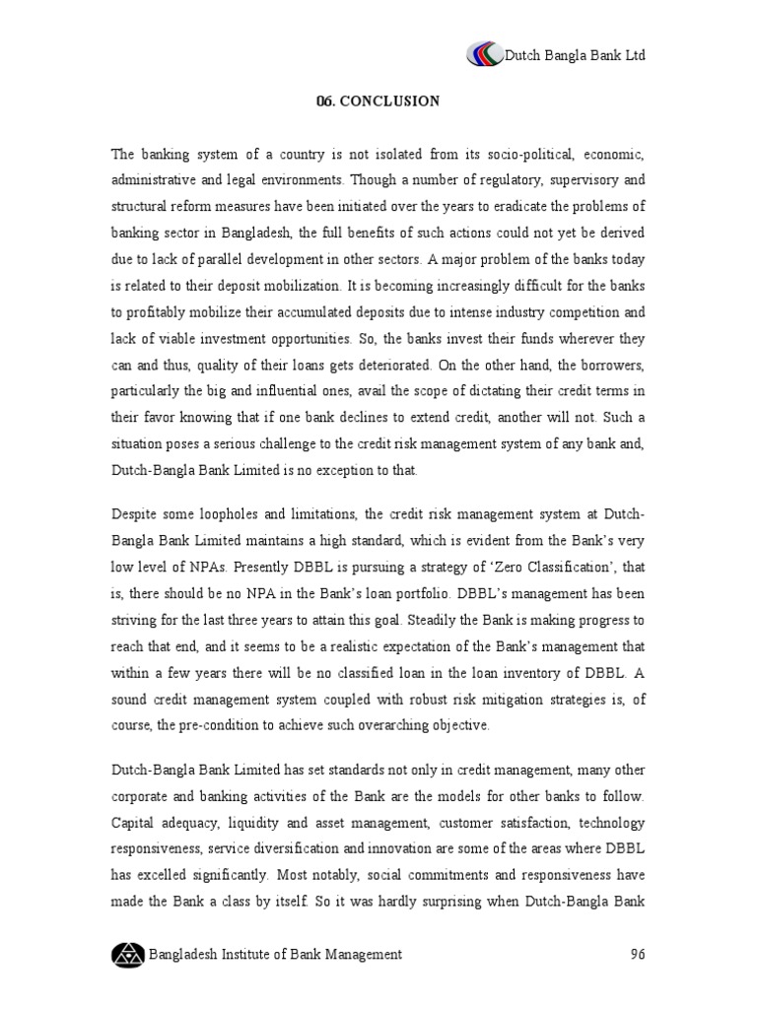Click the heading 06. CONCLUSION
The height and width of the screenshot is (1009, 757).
pos(378,101)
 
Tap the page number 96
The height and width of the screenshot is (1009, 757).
pos(637,954)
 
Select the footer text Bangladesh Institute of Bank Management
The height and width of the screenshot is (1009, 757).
pos(275,954)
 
